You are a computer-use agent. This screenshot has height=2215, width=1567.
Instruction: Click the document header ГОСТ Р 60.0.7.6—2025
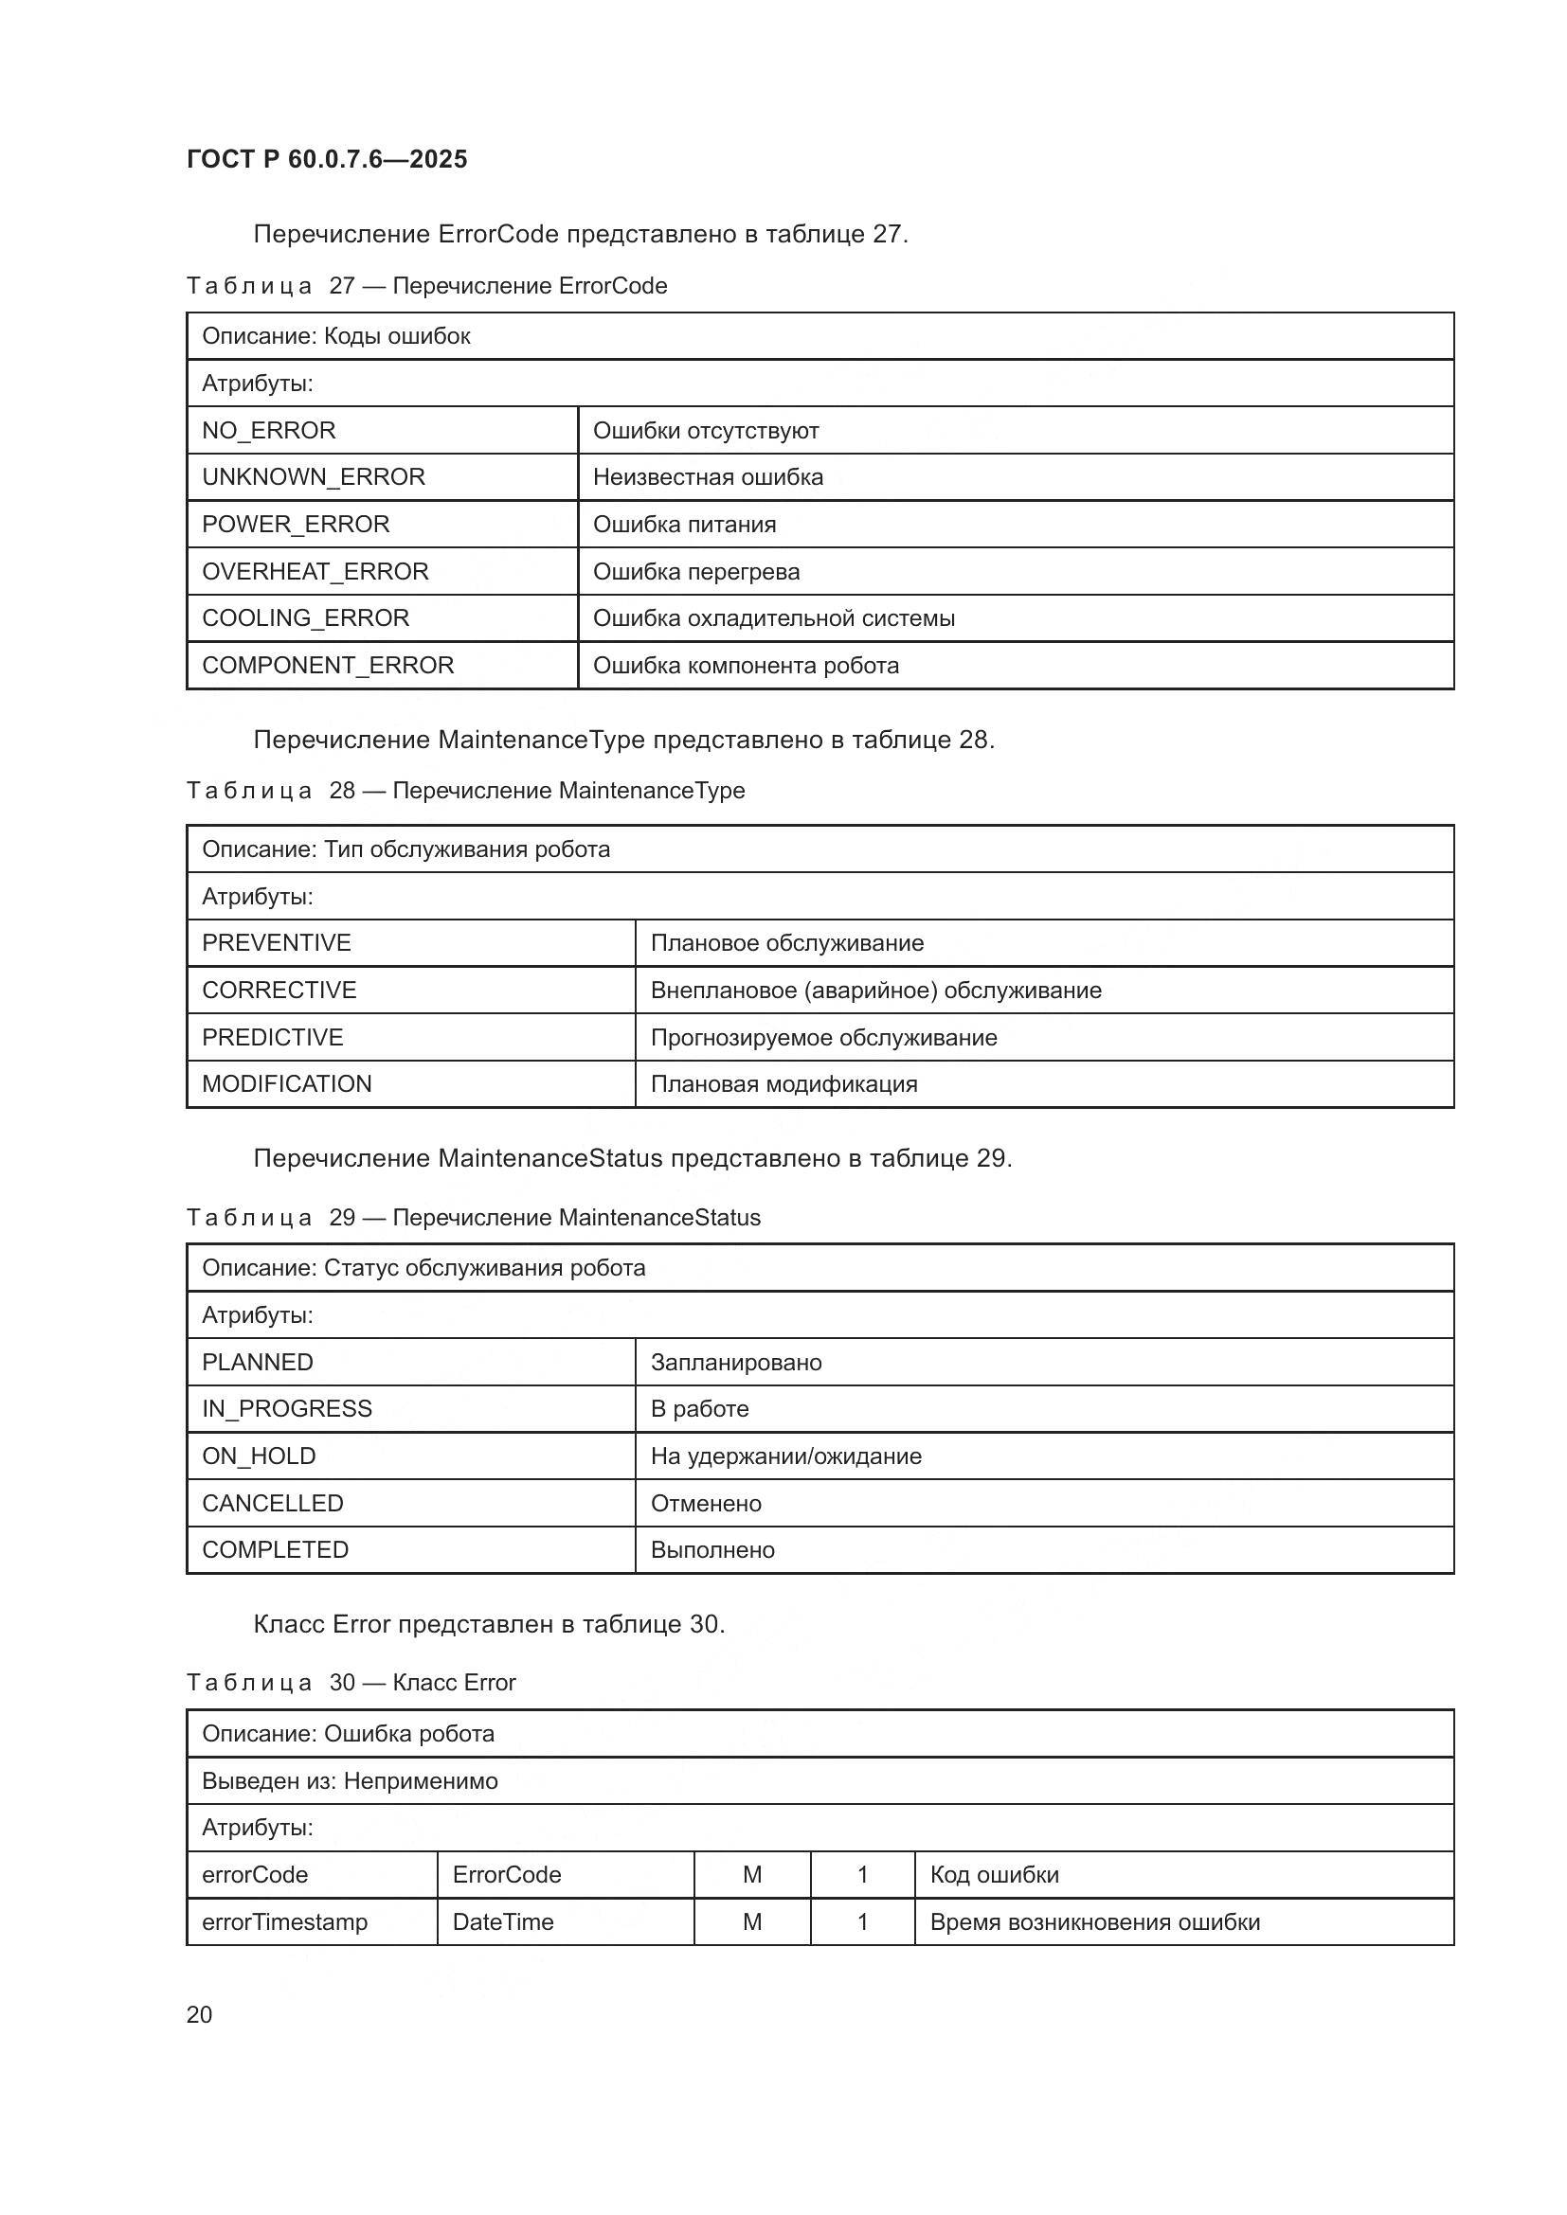coord(326,159)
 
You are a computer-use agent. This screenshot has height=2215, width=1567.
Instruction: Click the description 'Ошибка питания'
coord(684,524)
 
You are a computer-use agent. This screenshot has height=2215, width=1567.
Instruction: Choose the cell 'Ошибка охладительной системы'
coord(774,617)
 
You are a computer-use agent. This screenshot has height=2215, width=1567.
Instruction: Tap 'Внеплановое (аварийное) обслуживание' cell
coord(875,990)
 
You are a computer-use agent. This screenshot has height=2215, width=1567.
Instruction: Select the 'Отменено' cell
coord(707,1503)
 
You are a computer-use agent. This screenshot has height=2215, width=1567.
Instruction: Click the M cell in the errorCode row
coord(751,1874)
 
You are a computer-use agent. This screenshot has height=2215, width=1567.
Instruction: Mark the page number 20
coord(200,2014)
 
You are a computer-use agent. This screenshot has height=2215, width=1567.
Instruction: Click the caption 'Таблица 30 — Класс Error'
coord(351,1683)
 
